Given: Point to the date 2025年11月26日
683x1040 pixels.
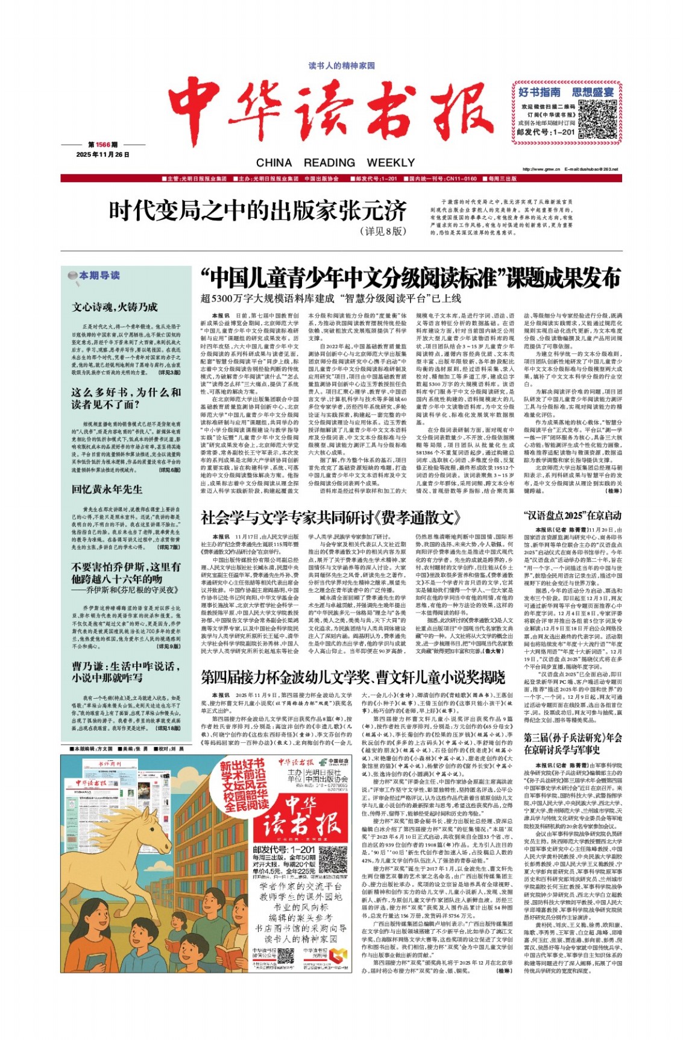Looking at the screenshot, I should pos(103,154).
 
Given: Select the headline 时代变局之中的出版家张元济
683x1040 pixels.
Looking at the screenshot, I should pos(258,211).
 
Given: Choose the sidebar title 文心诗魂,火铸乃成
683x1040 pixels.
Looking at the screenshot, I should pos(115,307).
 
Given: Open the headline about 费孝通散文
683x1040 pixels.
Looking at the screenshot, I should pos(330,517).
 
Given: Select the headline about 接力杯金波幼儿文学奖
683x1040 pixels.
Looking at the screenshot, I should pos(353,677).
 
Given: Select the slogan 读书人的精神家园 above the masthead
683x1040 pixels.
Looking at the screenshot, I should pos(341,65).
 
